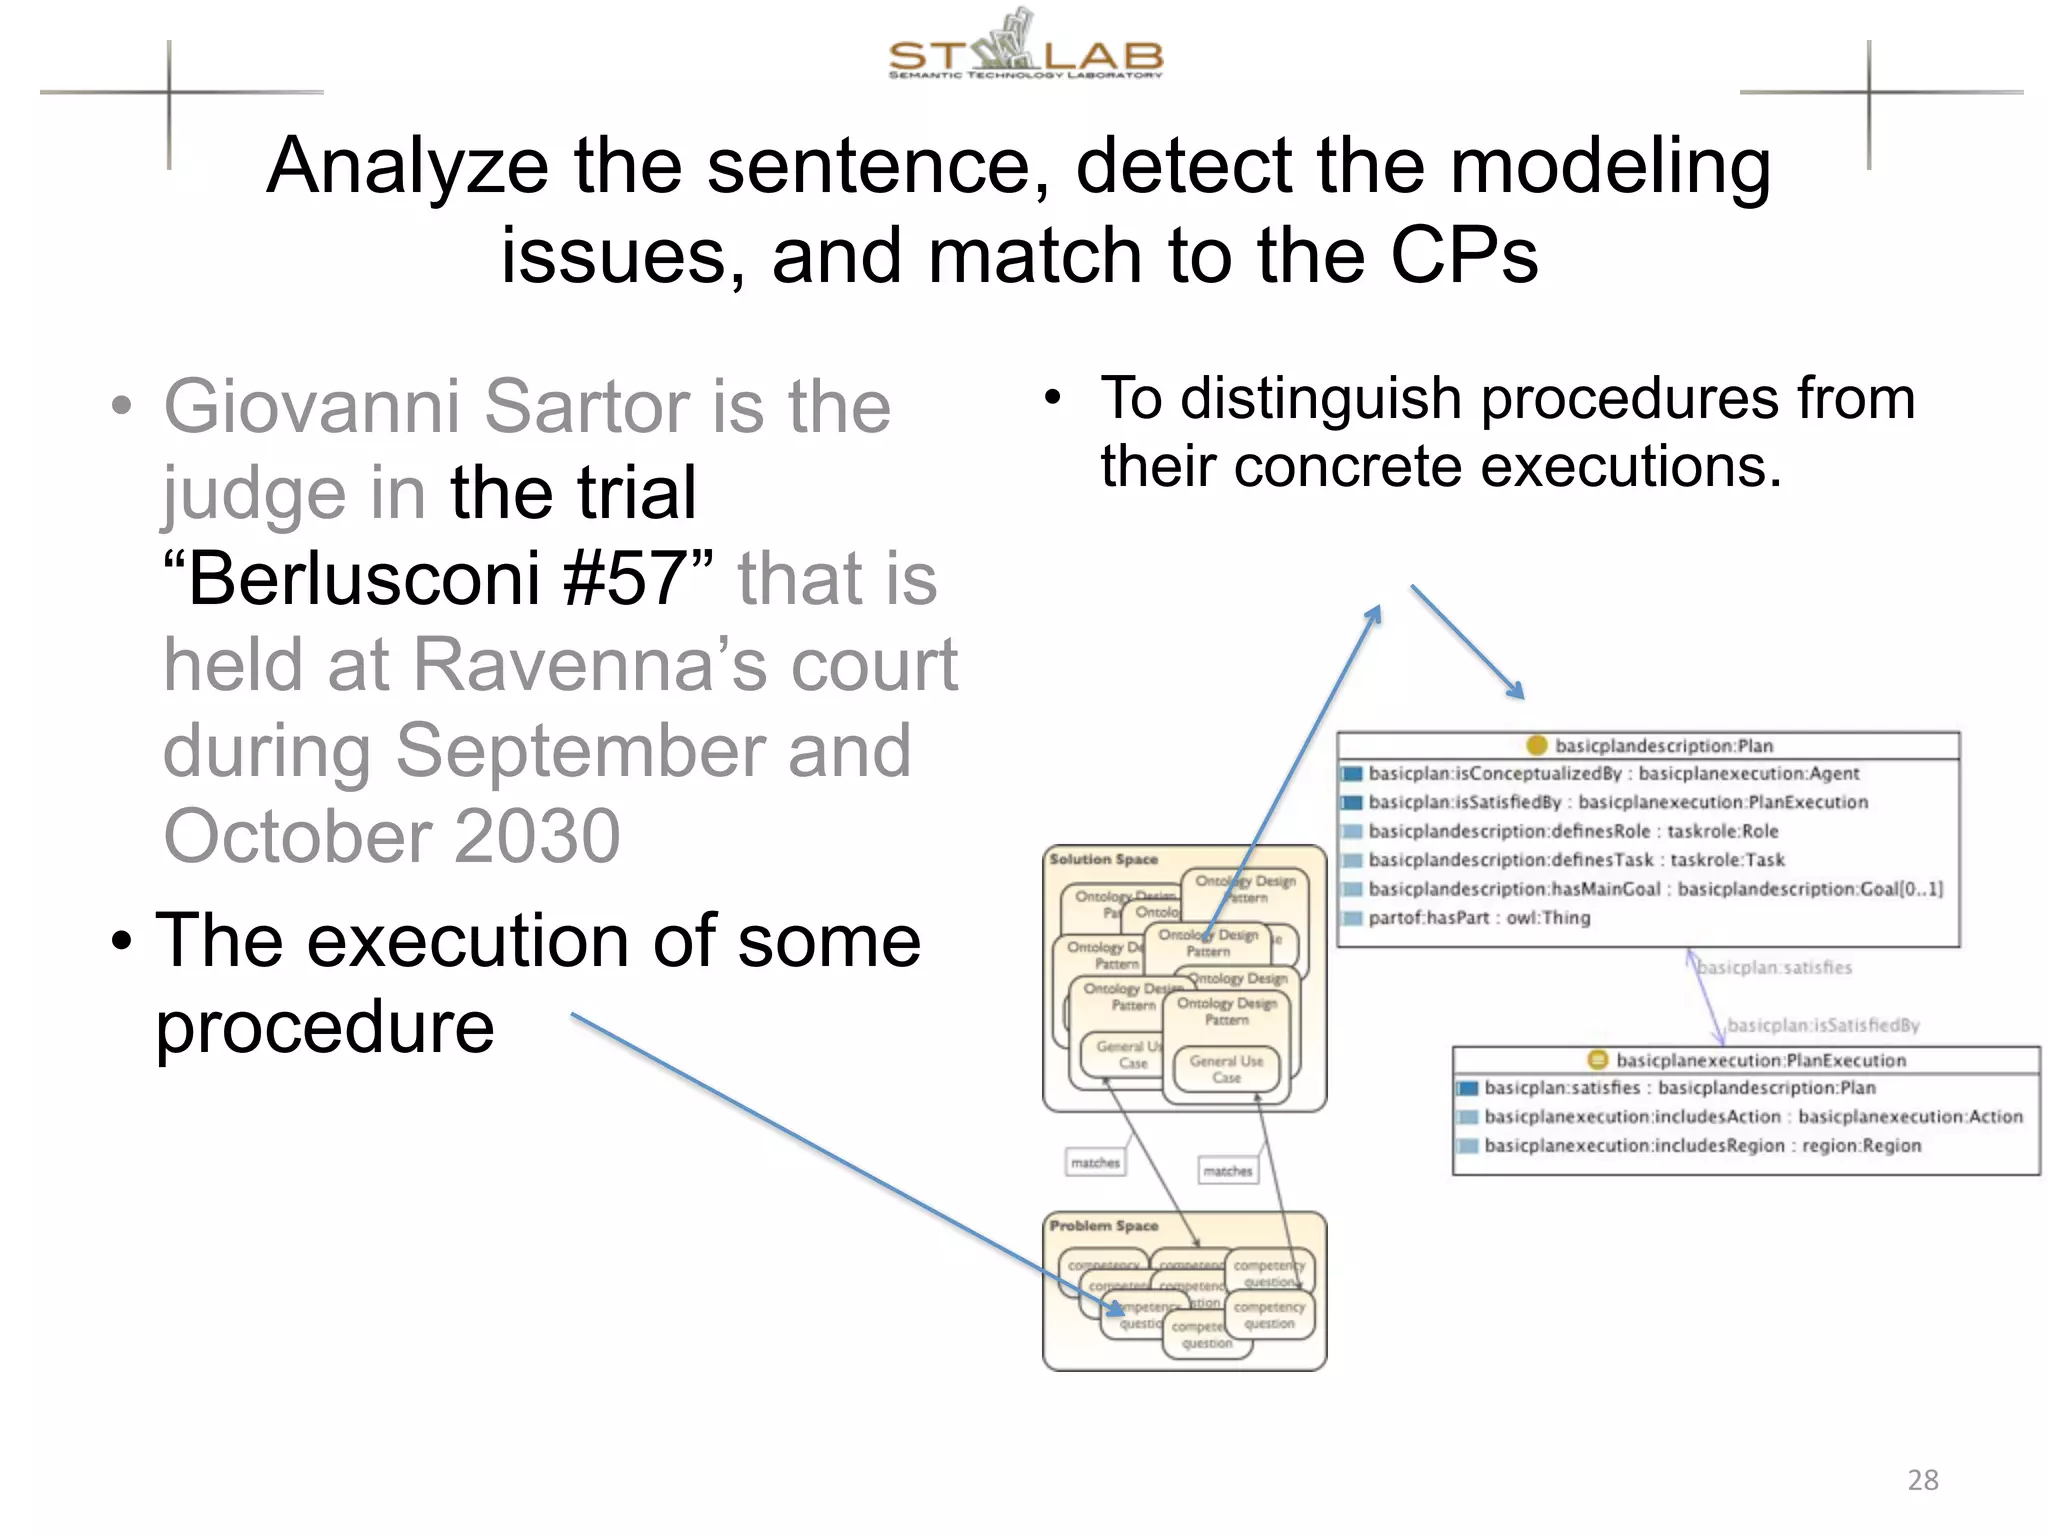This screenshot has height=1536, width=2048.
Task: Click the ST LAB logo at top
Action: [1025, 48]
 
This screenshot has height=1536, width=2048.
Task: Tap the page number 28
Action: [1922, 1480]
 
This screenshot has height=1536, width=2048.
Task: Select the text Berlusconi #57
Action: [438, 579]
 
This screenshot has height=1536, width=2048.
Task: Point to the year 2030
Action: [536, 836]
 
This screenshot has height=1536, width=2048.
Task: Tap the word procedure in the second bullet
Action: [325, 1027]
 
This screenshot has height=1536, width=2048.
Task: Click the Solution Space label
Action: [1103, 859]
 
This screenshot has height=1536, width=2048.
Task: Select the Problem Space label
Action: [1103, 1225]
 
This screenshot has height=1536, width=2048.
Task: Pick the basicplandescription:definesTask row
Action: [1575, 860]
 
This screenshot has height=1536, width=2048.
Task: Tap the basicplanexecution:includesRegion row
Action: [1701, 1146]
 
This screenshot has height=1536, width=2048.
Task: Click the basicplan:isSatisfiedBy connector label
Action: [1823, 1025]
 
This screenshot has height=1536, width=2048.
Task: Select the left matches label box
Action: [1095, 1163]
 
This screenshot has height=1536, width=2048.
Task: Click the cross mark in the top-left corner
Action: [169, 93]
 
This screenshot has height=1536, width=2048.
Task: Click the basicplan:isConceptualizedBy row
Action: [1612, 774]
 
